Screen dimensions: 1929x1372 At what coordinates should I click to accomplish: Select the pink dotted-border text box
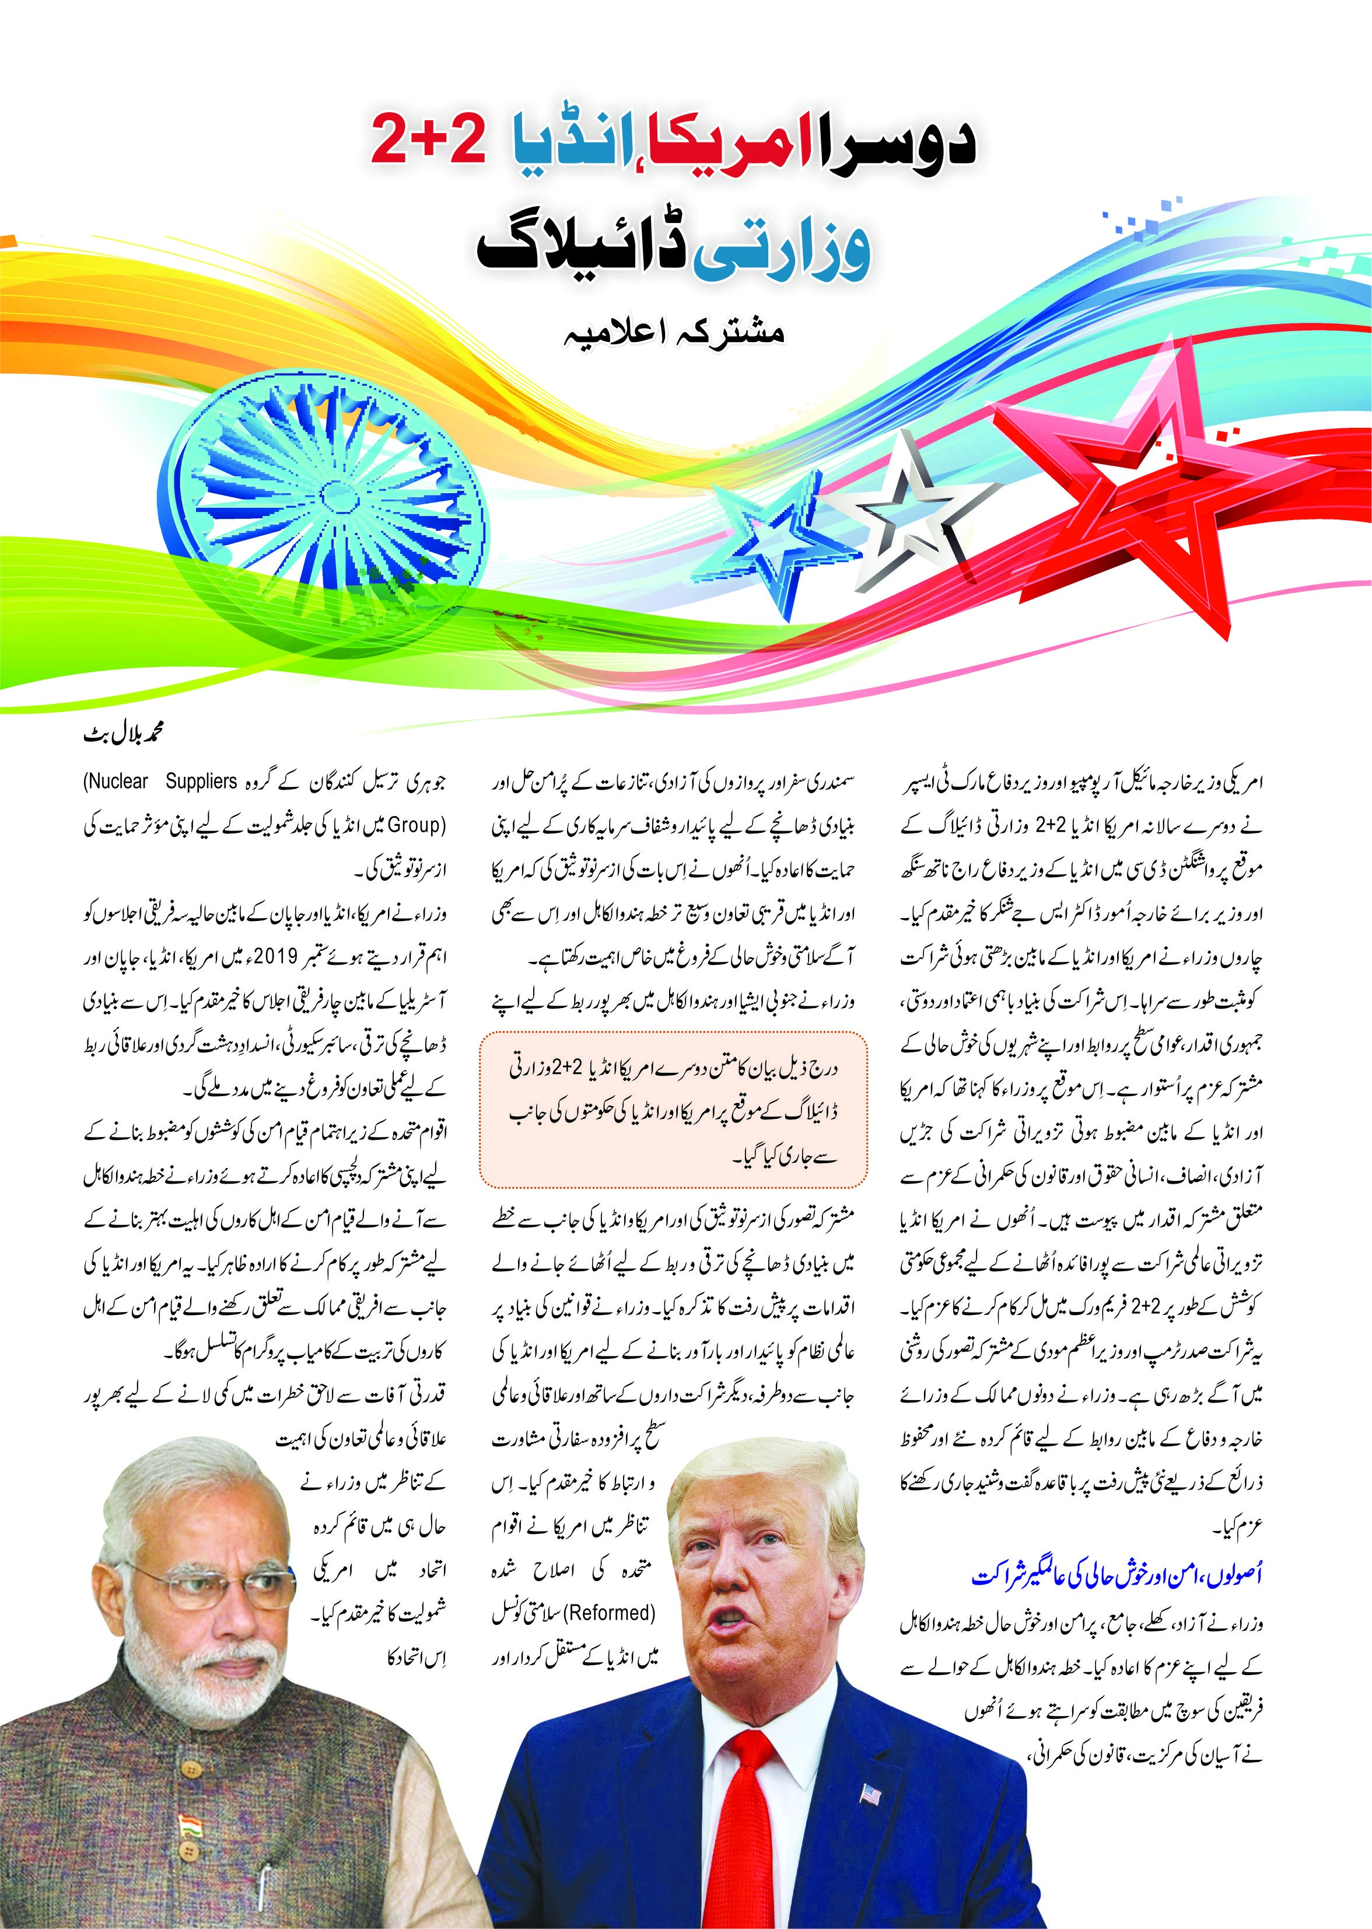(673, 1108)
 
